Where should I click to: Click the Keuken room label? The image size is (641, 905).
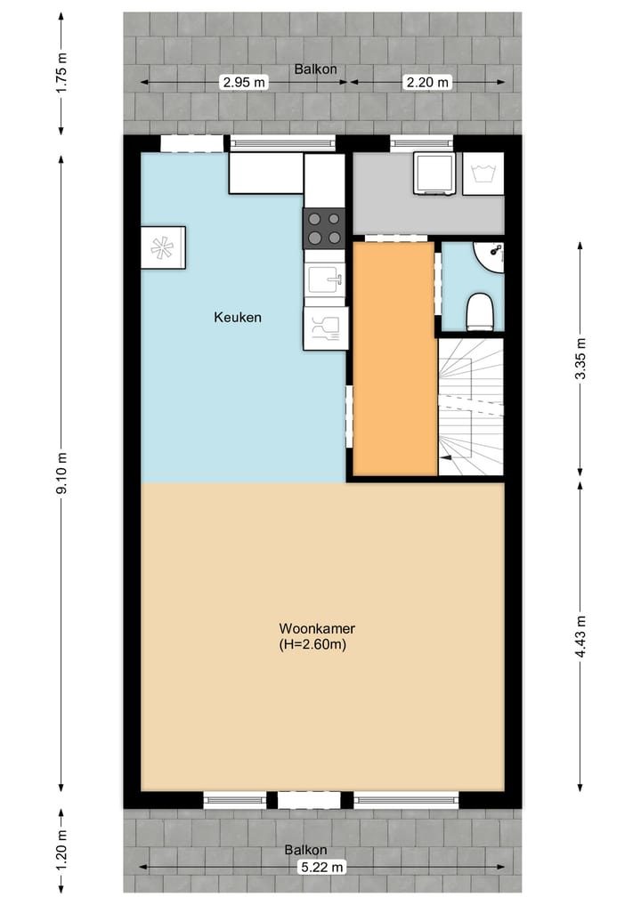pos(238,317)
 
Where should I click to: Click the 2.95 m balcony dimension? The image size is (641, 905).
pos(243,83)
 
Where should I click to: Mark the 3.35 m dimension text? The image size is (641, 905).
pos(581,359)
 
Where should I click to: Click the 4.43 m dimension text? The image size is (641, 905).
pos(581,637)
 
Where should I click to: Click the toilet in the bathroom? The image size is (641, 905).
pos(481,311)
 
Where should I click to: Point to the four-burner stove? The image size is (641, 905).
pos(325,227)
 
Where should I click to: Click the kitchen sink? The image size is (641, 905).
pos(325,279)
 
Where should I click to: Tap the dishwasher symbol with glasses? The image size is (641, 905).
pos(325,328)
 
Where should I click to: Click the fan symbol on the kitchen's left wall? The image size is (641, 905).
pos(163,247)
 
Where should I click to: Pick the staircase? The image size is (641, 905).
pos(470,407)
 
